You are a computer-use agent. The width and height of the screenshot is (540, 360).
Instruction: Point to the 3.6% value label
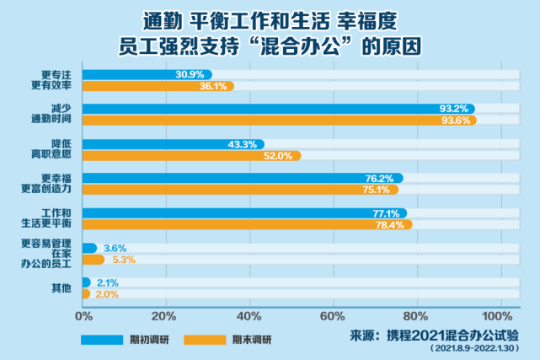tap(115, 248)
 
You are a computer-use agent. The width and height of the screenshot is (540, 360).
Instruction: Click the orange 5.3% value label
tap(123, 260)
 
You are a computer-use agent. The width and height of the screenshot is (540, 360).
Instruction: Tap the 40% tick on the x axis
tap(249, 315)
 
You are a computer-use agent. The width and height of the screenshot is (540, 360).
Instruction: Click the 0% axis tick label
tap(83, 315)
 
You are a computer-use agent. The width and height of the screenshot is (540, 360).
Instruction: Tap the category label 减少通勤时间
tap(56, 115)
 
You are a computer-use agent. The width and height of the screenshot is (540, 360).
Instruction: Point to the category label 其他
tap(61, 288)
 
